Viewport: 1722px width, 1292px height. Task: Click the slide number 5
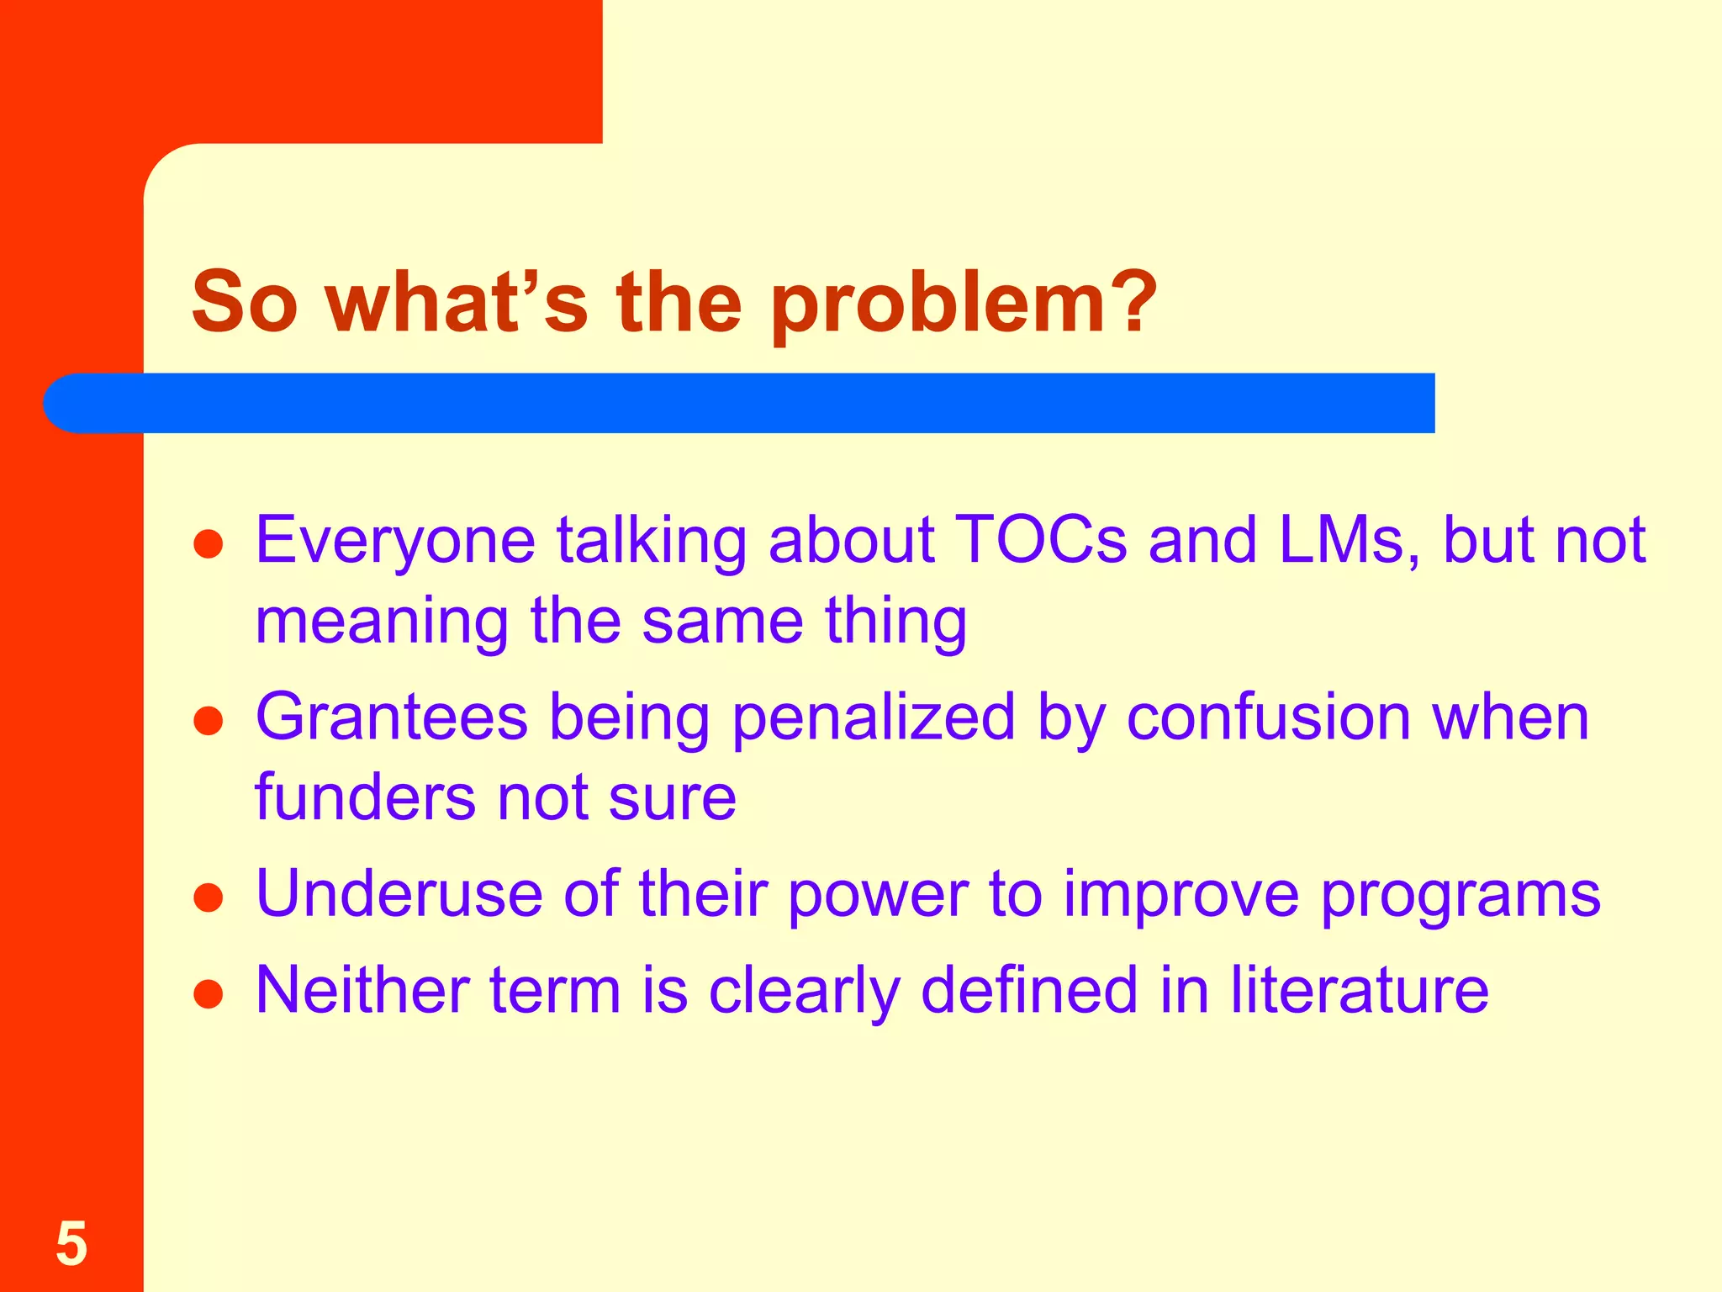(x=71, y=1244)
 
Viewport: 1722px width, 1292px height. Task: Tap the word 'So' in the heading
(x=245, y=303)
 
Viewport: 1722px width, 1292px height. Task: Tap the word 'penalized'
(x=874, y=719)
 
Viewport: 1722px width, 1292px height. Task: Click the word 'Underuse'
(x=399, y=893)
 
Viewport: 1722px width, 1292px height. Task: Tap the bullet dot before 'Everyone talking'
(x=208, y=544)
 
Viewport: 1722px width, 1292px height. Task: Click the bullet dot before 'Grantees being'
(x=208, y=721)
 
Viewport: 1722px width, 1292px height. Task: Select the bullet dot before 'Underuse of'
(x=208, y=898)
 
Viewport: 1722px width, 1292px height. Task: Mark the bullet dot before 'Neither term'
(x=208, y=993)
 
